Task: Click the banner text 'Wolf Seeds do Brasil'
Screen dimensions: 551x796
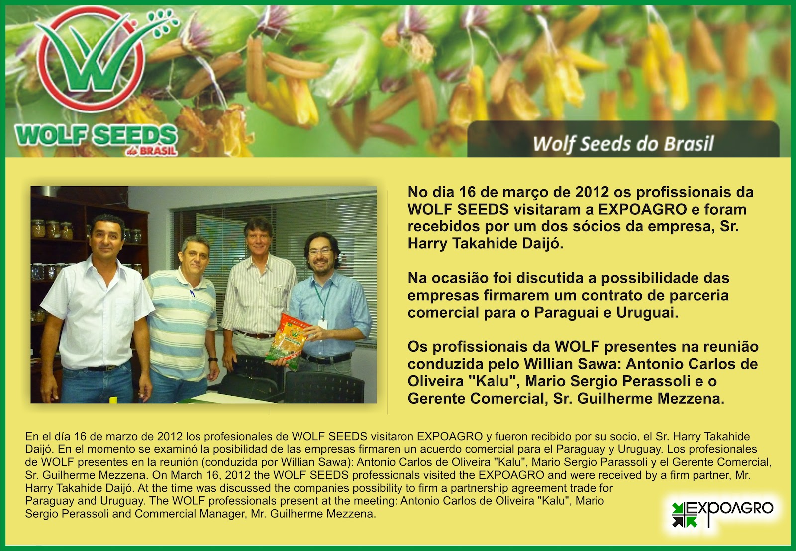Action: [623, 144]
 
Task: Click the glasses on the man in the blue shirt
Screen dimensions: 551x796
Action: [320, 252]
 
